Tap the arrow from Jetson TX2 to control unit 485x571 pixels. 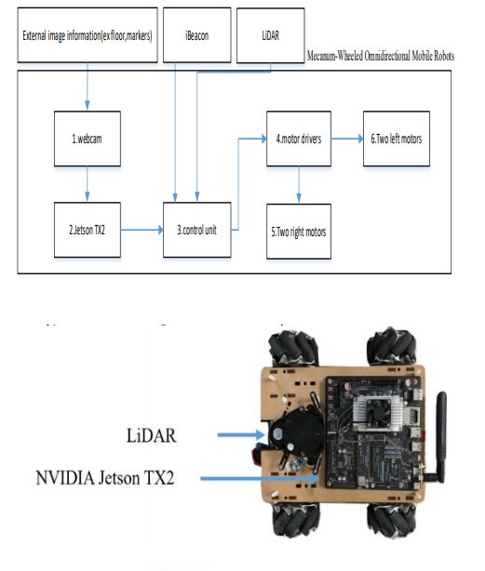tap(141, 230)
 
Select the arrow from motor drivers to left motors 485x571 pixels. tap(347, 139)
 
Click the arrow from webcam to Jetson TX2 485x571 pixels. tap(88, 184)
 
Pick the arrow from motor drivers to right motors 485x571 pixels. tap(299, 185)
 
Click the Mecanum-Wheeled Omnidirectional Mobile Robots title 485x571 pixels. tap(381, 56)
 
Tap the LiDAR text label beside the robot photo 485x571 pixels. tap(151, 435)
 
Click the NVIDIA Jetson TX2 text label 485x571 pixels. tap(105, 478)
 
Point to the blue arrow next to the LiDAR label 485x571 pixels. tap(241, 435)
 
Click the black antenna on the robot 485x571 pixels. tap(440, 437)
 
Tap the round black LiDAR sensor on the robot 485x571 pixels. tap(297, 432)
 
